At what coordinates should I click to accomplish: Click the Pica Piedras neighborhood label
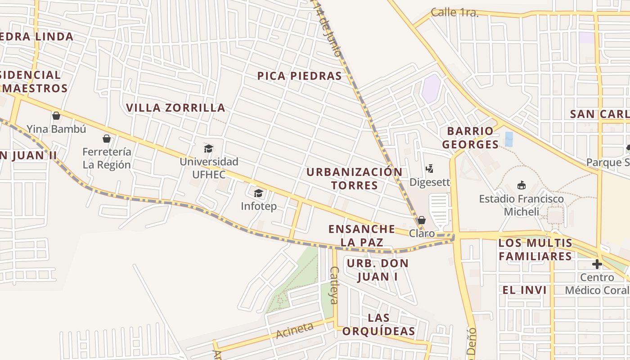[x=299, y=76]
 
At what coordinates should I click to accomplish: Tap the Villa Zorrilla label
[x=175, y=108]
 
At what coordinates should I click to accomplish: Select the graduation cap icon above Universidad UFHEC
[x=208, y=148]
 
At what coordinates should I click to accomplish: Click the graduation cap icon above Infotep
[x=258, y=193]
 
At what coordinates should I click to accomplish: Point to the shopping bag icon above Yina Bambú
[x=56, y=116]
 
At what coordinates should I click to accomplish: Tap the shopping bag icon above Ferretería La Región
[x=107, y=139]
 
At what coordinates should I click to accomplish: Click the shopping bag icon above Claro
[x=422, y=220]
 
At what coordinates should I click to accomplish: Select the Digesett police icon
[x=429, y=169]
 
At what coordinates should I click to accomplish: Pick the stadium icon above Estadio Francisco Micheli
[x=521, y=185]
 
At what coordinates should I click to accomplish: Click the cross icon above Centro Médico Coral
[x=597, y=264]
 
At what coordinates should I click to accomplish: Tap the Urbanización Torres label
[x=355, y=179]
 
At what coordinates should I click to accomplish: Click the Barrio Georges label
[x=470, y=138]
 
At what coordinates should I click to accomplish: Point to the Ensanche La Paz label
[x=362, y=235]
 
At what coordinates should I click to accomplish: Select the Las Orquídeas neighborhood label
[x=378, y=324]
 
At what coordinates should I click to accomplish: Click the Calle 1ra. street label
[x=454, y=13]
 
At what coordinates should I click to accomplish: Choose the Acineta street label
[x=294, y=331]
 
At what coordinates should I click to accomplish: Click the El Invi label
[x=525, y=290]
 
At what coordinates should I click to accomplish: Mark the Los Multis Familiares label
[x=535, y=250]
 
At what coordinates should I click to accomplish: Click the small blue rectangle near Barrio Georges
[x=509, y=139]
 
